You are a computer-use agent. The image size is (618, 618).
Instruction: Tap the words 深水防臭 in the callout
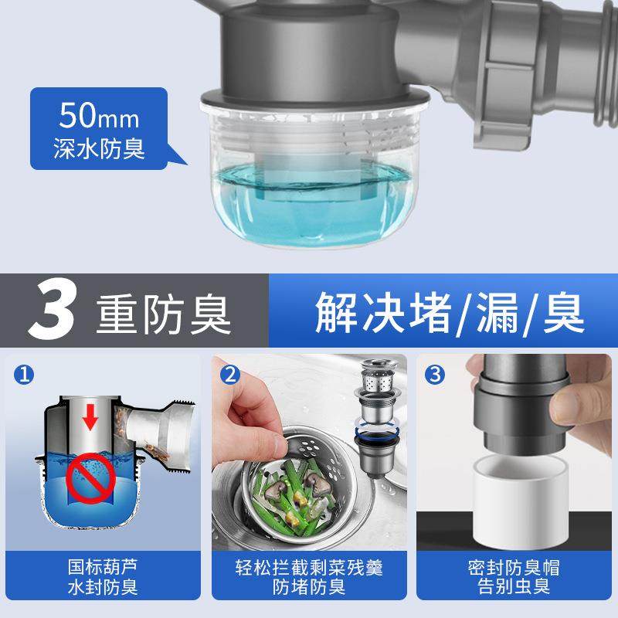click(x=98, y=148)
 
